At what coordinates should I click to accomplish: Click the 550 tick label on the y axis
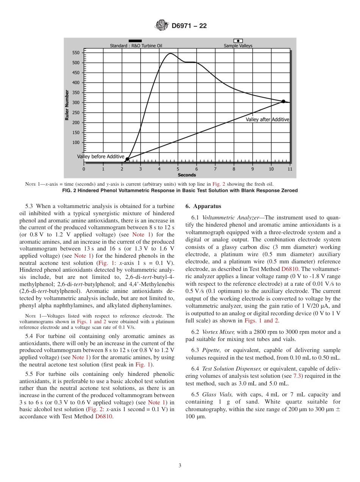75,53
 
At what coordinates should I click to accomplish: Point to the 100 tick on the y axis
75,142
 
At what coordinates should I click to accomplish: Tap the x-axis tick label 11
290,169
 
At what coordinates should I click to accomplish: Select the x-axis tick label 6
196,169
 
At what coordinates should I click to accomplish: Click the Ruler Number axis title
67,105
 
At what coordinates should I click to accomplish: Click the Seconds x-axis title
187,175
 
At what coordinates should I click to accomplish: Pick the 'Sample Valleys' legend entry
238,46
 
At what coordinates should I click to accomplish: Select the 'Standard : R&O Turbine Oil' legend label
136,46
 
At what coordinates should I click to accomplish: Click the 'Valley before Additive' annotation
101,156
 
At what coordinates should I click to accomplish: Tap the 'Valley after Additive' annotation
267,119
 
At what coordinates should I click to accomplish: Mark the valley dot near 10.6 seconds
283,101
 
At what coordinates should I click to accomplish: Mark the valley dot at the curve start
127,160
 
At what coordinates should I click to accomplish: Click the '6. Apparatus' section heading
203,207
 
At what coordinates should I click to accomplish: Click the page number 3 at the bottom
180,466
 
